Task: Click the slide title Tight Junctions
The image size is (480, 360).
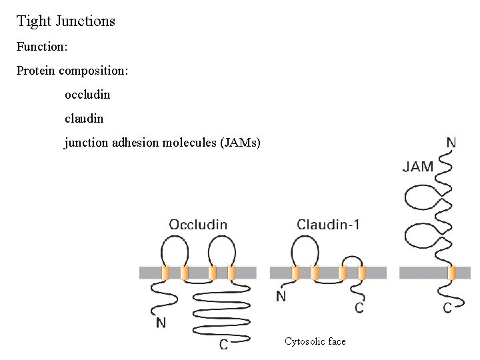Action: click(65, 21)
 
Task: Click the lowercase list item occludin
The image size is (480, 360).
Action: click(87, 95)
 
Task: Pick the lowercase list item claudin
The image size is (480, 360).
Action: click(84, 119)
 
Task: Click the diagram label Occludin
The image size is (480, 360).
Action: click(198, 225)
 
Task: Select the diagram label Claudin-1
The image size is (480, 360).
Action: click(328, 225)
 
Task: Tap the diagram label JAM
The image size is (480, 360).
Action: click(418, 167)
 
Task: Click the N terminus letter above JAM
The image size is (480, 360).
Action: click(451, 143)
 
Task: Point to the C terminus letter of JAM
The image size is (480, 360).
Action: click(447, 308)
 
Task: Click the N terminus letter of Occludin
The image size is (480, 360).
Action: click(161, 323)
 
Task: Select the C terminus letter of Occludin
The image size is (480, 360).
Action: click(225, 345)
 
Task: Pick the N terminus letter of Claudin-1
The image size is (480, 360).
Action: click(281, 297)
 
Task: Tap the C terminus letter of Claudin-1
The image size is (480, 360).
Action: click(359, 308)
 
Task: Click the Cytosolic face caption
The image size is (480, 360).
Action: click(315, 341)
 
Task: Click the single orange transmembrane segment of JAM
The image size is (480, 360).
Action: click(451, 273)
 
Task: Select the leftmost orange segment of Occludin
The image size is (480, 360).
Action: click(166, 273)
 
